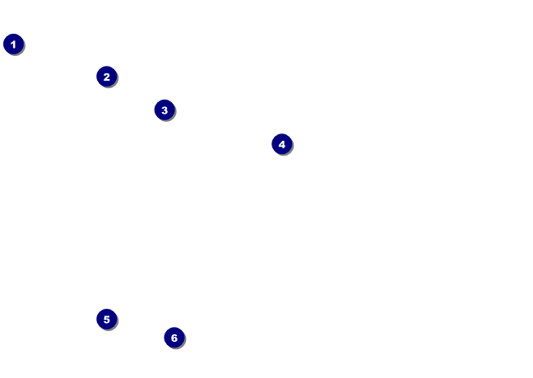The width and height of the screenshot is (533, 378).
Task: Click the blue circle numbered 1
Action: (13, 44)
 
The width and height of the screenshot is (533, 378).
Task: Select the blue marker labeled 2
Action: (106, 77)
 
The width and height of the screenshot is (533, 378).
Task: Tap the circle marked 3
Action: (165, 110)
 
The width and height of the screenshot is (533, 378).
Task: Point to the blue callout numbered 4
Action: (281, 144)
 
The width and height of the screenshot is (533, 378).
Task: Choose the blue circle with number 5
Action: (106, 319)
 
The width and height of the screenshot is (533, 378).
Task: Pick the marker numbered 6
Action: (174, 338)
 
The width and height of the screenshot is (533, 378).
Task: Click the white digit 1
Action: (13, 44)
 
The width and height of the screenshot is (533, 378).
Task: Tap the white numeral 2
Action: (106, 77)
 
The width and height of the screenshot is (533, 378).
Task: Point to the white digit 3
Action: (165, 110)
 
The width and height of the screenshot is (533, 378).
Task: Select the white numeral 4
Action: (281, 144)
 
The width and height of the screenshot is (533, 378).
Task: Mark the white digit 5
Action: (106, 319)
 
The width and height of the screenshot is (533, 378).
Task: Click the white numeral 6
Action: (174, 338)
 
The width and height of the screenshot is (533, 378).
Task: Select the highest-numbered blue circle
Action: (174, 338)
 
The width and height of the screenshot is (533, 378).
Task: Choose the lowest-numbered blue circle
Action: (13, 44)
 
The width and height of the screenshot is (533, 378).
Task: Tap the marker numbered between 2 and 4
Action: (165, 110)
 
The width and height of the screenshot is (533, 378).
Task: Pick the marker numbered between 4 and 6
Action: (106, 319)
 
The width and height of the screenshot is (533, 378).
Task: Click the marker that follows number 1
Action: (106, 77)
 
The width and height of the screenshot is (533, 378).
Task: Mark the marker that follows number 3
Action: (281, 144)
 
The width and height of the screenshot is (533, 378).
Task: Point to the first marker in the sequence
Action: (13, 44)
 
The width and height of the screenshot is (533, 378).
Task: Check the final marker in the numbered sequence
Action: (174, 338)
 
